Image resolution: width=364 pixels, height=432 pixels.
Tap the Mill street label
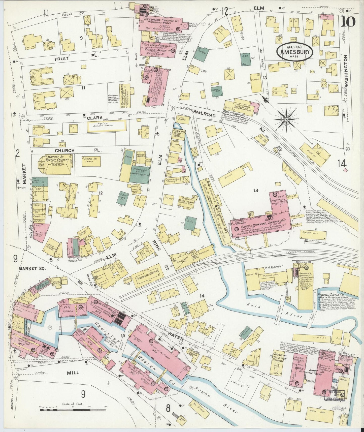tap(73, 373)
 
